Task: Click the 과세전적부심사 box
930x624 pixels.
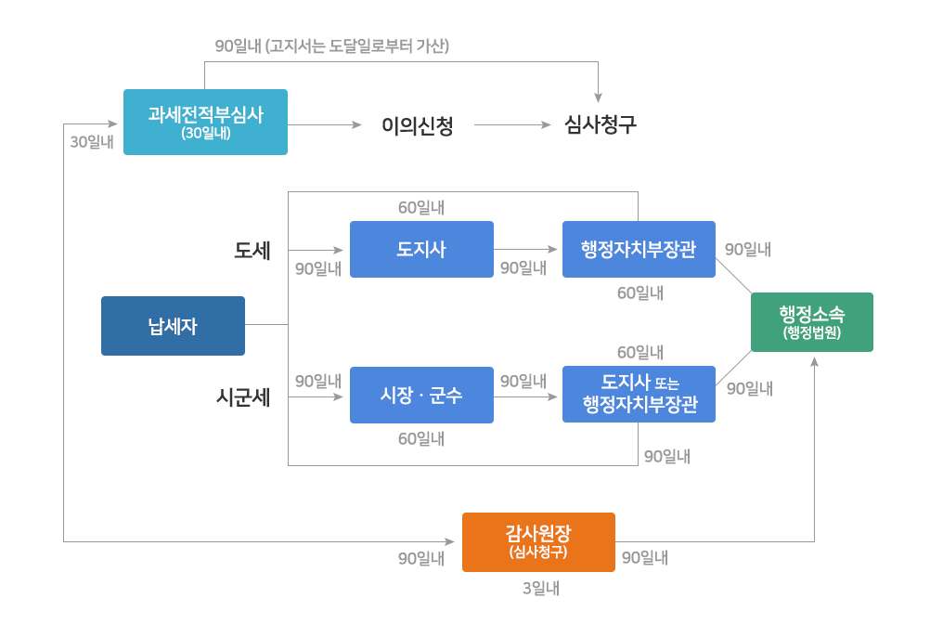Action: coord(205,122)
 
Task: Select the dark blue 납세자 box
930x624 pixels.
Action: coord(173,326)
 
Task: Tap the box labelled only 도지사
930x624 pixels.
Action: coord(421,249)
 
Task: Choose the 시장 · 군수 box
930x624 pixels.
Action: coord(421,395)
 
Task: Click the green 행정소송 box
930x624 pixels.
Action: coord(811,322)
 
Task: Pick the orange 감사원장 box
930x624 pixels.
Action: coord(538,541)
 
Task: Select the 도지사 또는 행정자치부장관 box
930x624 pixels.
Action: coord(639,395)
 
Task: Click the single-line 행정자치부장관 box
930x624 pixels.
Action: coord(639,249)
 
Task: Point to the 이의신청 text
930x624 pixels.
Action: coord(418,125)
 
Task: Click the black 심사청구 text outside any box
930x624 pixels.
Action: coord(601,125)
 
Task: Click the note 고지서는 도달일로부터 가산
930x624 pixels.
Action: coord(356,45)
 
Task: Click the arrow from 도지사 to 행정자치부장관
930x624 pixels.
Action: coord(527,250)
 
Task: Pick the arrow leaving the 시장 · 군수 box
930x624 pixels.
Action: coord(527,396)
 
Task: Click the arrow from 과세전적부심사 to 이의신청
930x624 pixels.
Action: coord(325,124)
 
